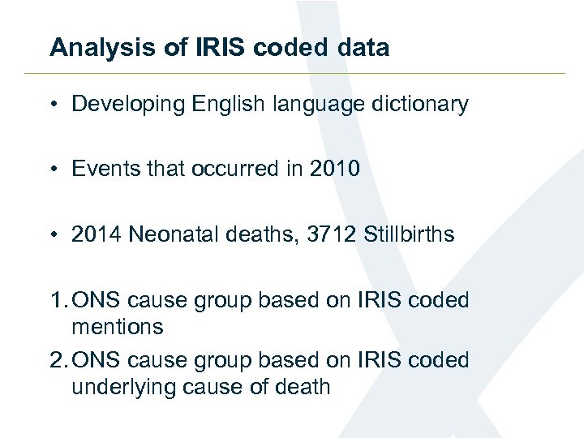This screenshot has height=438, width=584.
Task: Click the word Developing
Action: coord(128,105)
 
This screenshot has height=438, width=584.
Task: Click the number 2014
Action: coord(97,235)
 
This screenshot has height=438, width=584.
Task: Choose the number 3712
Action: coord(333,235)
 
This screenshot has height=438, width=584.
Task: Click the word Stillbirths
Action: coord(409,235)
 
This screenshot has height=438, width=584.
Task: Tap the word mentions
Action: coord(118,328)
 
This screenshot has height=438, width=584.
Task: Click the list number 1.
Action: coord(56,300)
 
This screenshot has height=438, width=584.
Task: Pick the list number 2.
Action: coord(56,360)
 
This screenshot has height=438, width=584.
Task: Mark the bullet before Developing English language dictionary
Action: coord(54,105)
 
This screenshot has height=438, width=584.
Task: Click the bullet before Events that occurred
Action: coord(54,169)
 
